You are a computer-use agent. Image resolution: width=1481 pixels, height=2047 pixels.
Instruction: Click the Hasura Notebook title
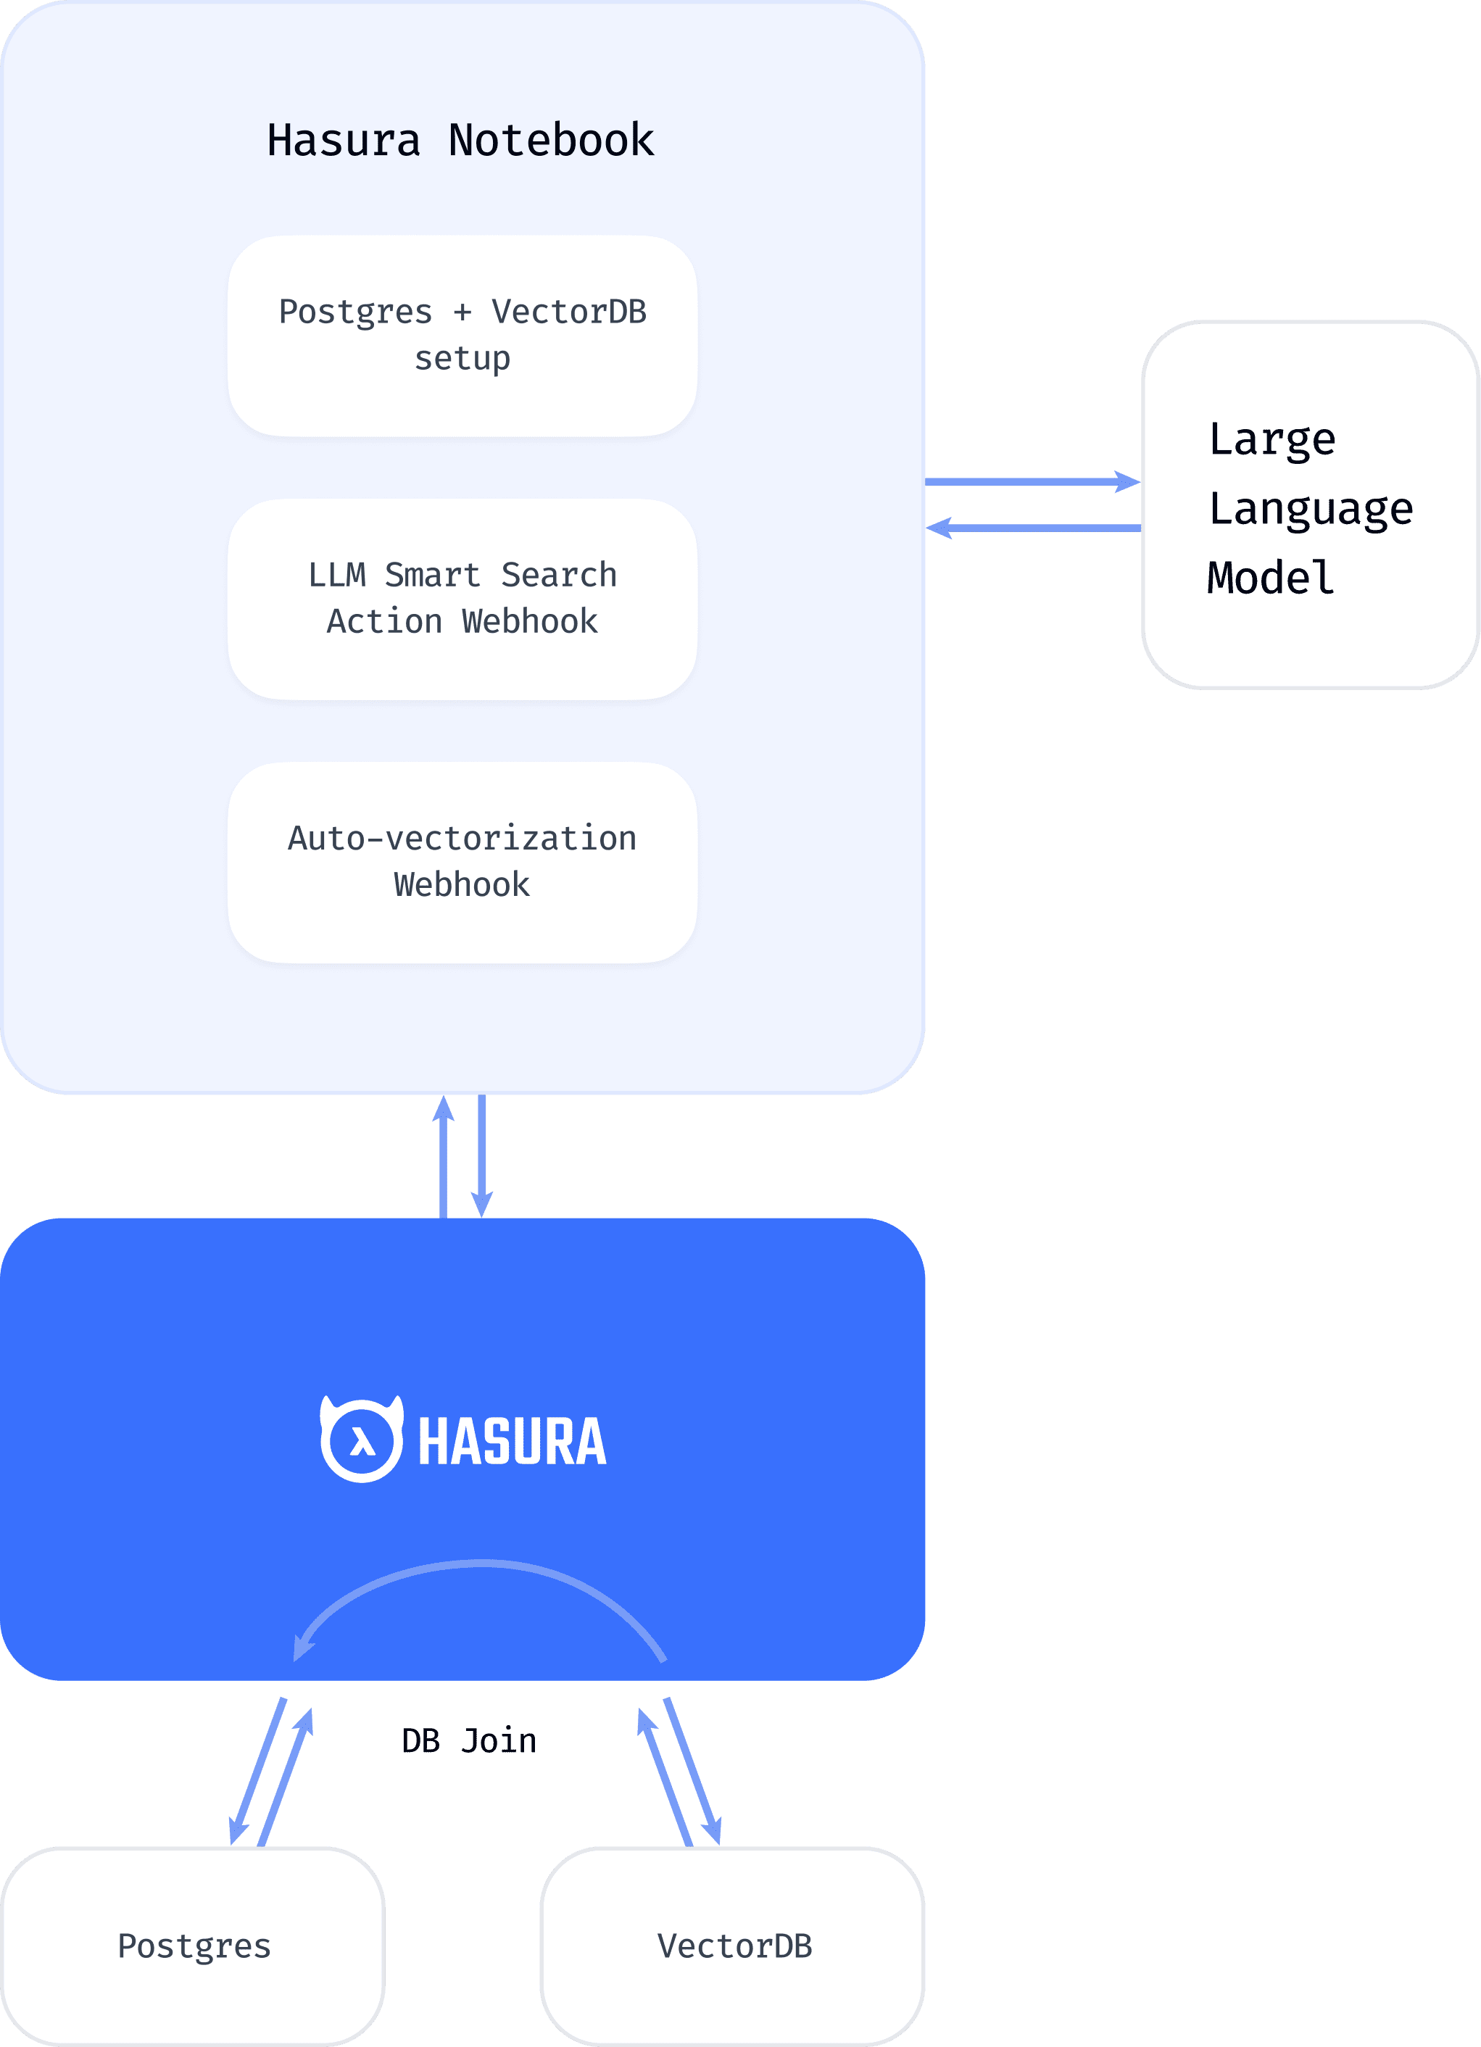[x=460, y=141]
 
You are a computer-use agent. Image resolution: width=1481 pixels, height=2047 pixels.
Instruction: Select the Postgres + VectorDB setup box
[x=462, y=336]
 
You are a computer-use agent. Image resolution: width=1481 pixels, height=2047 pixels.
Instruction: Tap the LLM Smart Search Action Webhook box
[x=462, y=599]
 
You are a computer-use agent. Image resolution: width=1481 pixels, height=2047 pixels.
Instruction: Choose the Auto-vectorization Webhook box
[x=462, y=862]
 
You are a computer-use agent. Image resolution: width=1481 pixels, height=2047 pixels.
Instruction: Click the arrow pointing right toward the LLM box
[x=1032, y=482]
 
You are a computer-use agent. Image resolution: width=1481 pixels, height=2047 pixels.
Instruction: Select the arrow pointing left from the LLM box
[x=1032, y=528]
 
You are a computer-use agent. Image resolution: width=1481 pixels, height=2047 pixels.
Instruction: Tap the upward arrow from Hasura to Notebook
[x=443, y=1155]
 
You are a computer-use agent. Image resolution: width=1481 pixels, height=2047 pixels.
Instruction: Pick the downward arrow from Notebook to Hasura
[x=482, y=1155]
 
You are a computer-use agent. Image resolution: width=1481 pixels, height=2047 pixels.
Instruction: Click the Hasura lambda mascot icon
[x=362, y=1440]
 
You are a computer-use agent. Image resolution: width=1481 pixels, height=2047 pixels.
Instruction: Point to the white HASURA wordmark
[x=512, y=1442]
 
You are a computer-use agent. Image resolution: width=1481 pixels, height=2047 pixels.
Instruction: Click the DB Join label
[x=468, y=1741]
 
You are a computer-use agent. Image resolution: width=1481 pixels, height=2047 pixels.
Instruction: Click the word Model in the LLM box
[x=1271, y=578]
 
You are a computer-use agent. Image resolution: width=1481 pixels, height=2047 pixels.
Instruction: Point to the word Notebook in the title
[x=550, y=141]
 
